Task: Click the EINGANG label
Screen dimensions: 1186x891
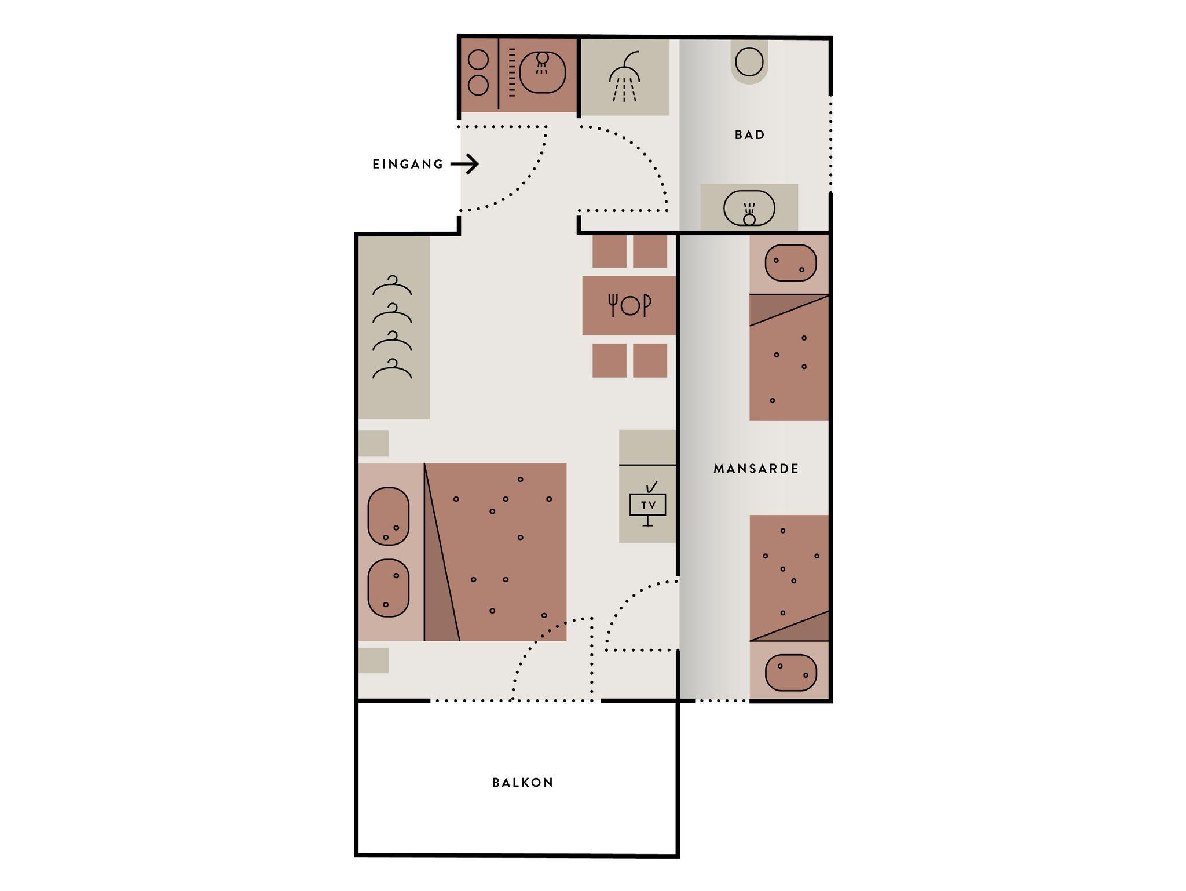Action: (x=408, y=165)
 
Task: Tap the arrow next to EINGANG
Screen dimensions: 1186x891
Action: (x=464, y=165)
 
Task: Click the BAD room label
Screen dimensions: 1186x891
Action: (x=750, y=135)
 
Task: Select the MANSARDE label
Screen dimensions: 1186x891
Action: (x=756, y=469)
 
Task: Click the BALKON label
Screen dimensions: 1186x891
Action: (x=522, y=783)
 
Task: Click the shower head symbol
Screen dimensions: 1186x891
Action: (x=625, y=77)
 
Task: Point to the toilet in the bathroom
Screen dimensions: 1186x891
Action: (x=749, y=61)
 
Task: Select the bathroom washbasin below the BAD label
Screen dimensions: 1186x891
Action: (x=749, y=208)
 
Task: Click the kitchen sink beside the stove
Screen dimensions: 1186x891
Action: (x=542, y=72)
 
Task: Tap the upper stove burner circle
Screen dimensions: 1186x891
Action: (x=478, y=60)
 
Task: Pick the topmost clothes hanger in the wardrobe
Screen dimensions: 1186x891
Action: (x=392, y=286)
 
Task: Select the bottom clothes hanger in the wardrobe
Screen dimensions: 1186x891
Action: (x=392, y=369)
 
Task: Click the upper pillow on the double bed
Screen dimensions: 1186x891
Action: (x=389, y=516)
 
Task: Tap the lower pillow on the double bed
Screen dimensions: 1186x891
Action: (x=389, y=588)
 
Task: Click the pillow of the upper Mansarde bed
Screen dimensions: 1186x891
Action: (x=790, y=263)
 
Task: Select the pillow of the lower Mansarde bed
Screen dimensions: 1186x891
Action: (x=790, y=673)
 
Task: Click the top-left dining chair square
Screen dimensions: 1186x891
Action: (x=609, y=251)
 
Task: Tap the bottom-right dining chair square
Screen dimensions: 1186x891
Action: (x=650, y=360)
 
